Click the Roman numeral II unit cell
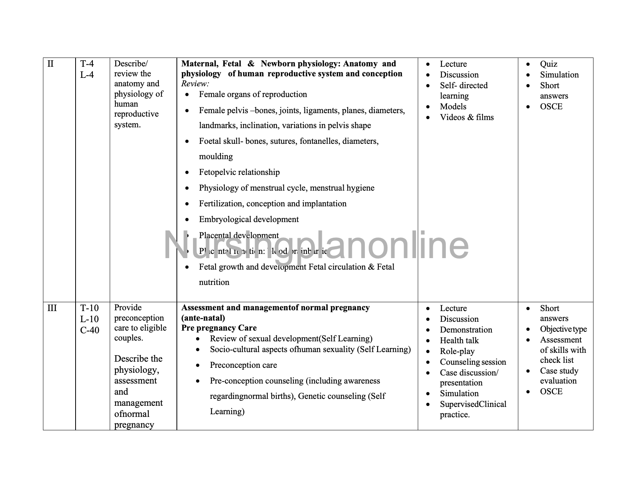point(50,64)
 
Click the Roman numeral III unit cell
point(52,308)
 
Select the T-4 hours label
point(87,64)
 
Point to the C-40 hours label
point(90,330)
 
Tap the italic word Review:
point(195,84)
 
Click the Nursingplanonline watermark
point(316,246)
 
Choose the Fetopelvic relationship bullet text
point(239,172)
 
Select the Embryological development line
point(249,219)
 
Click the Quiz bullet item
point(549,64)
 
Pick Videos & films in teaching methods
point(467,117)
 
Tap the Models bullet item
point(453,107)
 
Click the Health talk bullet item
point(459,341)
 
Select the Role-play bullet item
point(457,351)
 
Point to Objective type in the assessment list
point(563,329)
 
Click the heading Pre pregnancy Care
point(219,328)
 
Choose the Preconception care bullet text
point(243,365)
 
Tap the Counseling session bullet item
point(473,362)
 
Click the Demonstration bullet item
point(466,330)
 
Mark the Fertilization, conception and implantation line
point(272,204)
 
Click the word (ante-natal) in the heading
point(203,318)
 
